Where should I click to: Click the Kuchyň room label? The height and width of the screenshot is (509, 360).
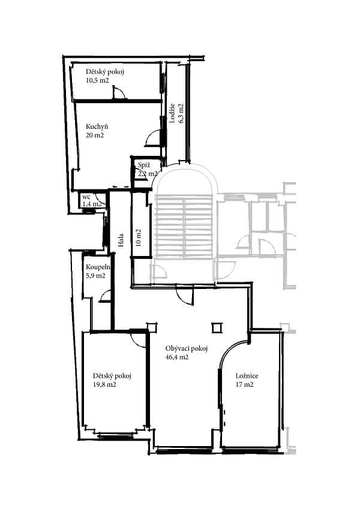click(x=97, y=127)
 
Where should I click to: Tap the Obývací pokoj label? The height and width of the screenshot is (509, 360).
click(x=186, y=349)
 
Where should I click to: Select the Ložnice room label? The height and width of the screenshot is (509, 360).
click(x=247, y=376)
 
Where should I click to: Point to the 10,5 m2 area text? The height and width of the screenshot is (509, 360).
click(x=97, y=80)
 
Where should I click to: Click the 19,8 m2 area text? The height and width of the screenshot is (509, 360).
click(x=104, y=385)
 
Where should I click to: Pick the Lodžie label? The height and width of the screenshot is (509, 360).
click(x=172, y=113)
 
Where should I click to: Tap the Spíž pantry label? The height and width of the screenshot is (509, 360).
click(x=143, y=165)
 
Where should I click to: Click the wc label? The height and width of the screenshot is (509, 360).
click(x=86, y=197)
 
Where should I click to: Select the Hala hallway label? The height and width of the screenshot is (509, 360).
click(x=121, y=240)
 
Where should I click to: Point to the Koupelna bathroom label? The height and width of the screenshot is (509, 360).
click(x=98, y=267)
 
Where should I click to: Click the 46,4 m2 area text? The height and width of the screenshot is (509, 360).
click(x=177, y=357)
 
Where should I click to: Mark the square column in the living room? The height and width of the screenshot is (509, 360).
click(x=217, y=327)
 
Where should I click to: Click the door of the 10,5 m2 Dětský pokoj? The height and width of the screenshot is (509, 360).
click(x=118, y=92)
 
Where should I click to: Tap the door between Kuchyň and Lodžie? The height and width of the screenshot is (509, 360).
click(x=153, y=138)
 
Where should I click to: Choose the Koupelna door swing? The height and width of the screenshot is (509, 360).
click(x=104, y=296)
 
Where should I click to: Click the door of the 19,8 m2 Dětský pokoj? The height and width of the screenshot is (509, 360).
click(x=139, y=339)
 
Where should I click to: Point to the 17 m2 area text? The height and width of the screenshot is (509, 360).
click(x=244, y=385)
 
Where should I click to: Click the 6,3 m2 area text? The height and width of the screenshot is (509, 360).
click(x=181, y=113)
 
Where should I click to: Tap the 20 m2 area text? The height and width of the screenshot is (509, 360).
click(x=95, y=135)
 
